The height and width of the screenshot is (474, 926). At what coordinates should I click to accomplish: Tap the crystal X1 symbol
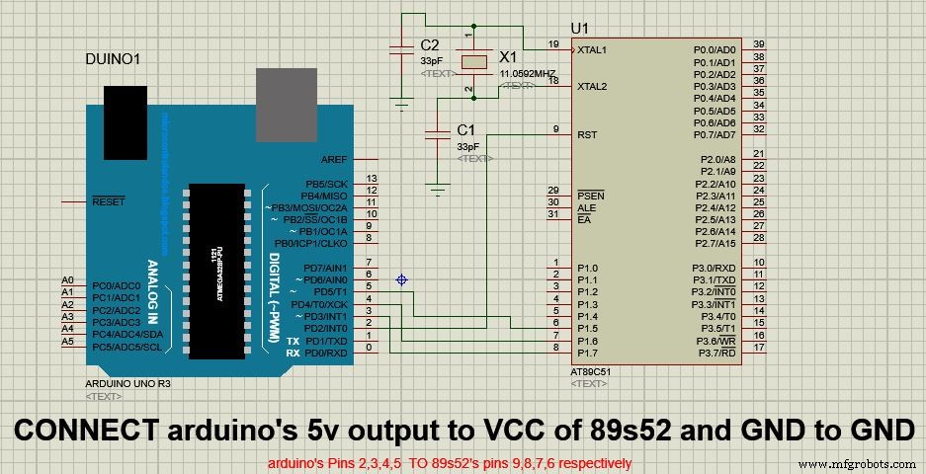click(x=475, y=61)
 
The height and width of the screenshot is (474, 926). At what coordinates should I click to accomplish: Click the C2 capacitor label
click(x=429, y=44)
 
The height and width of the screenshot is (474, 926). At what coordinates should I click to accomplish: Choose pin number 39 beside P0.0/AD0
click(x=758, y=45)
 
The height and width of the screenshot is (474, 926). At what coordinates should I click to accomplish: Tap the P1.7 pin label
click(x=589, y=353)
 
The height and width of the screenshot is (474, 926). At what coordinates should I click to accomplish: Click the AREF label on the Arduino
click(x=334, y=160)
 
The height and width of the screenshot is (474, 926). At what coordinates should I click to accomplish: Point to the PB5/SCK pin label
click(x=325, y=184)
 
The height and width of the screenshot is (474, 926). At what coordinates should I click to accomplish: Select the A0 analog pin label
click(x=67, y=280)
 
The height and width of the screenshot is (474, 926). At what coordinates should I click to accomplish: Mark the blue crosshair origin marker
click(x=401, y=280)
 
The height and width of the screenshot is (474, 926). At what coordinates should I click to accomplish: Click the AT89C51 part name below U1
click(x=591, y=371)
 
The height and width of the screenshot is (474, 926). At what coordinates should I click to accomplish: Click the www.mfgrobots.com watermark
click(x=857, y=463)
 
